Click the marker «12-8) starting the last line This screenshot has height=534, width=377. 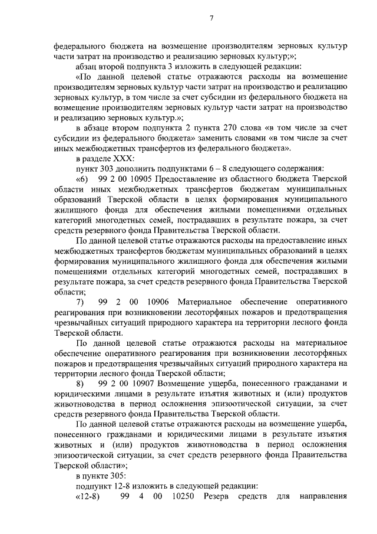point(88,497)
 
